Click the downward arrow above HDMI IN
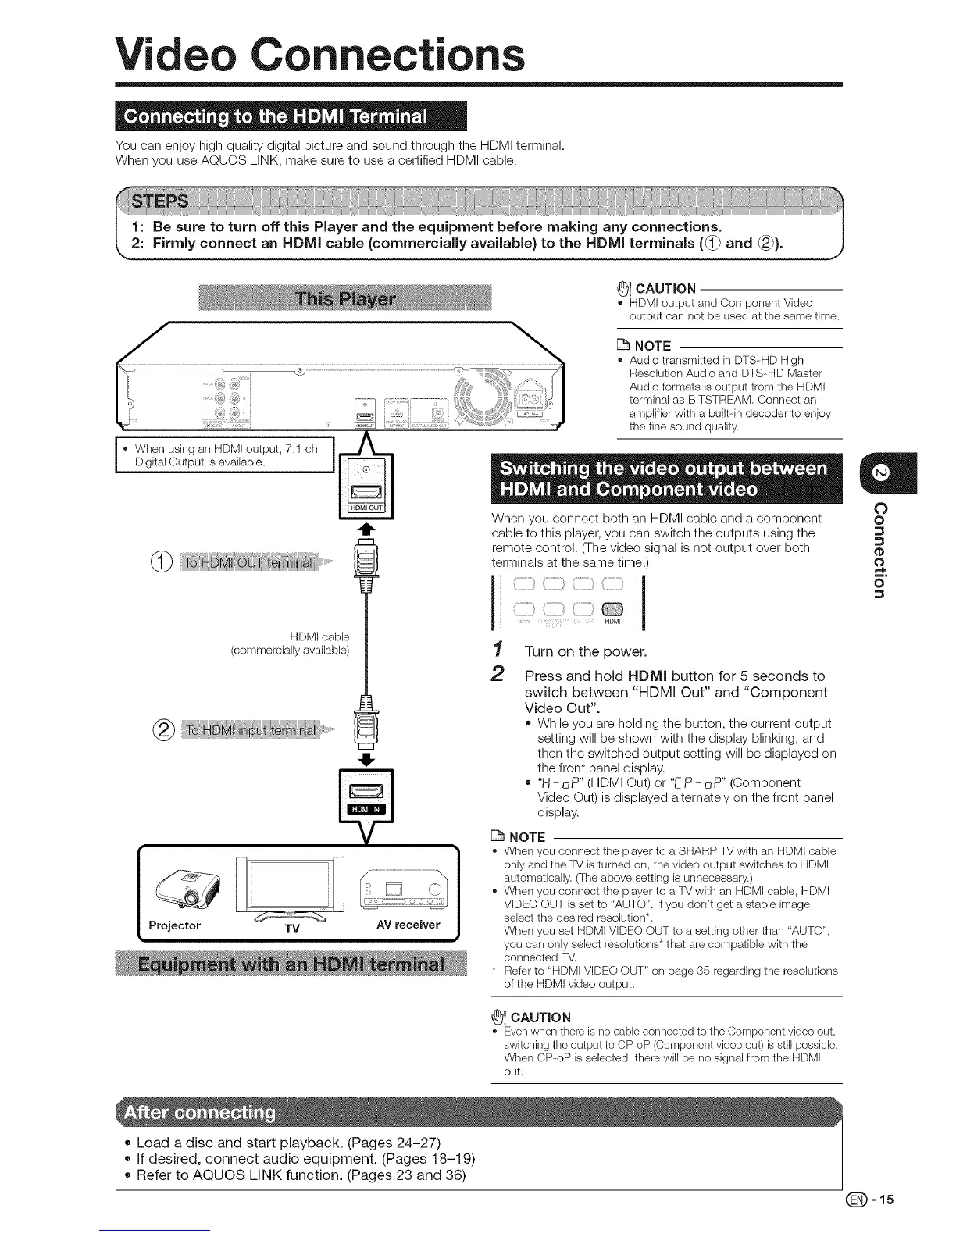(366, 758)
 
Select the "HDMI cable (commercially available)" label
(291, 643)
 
